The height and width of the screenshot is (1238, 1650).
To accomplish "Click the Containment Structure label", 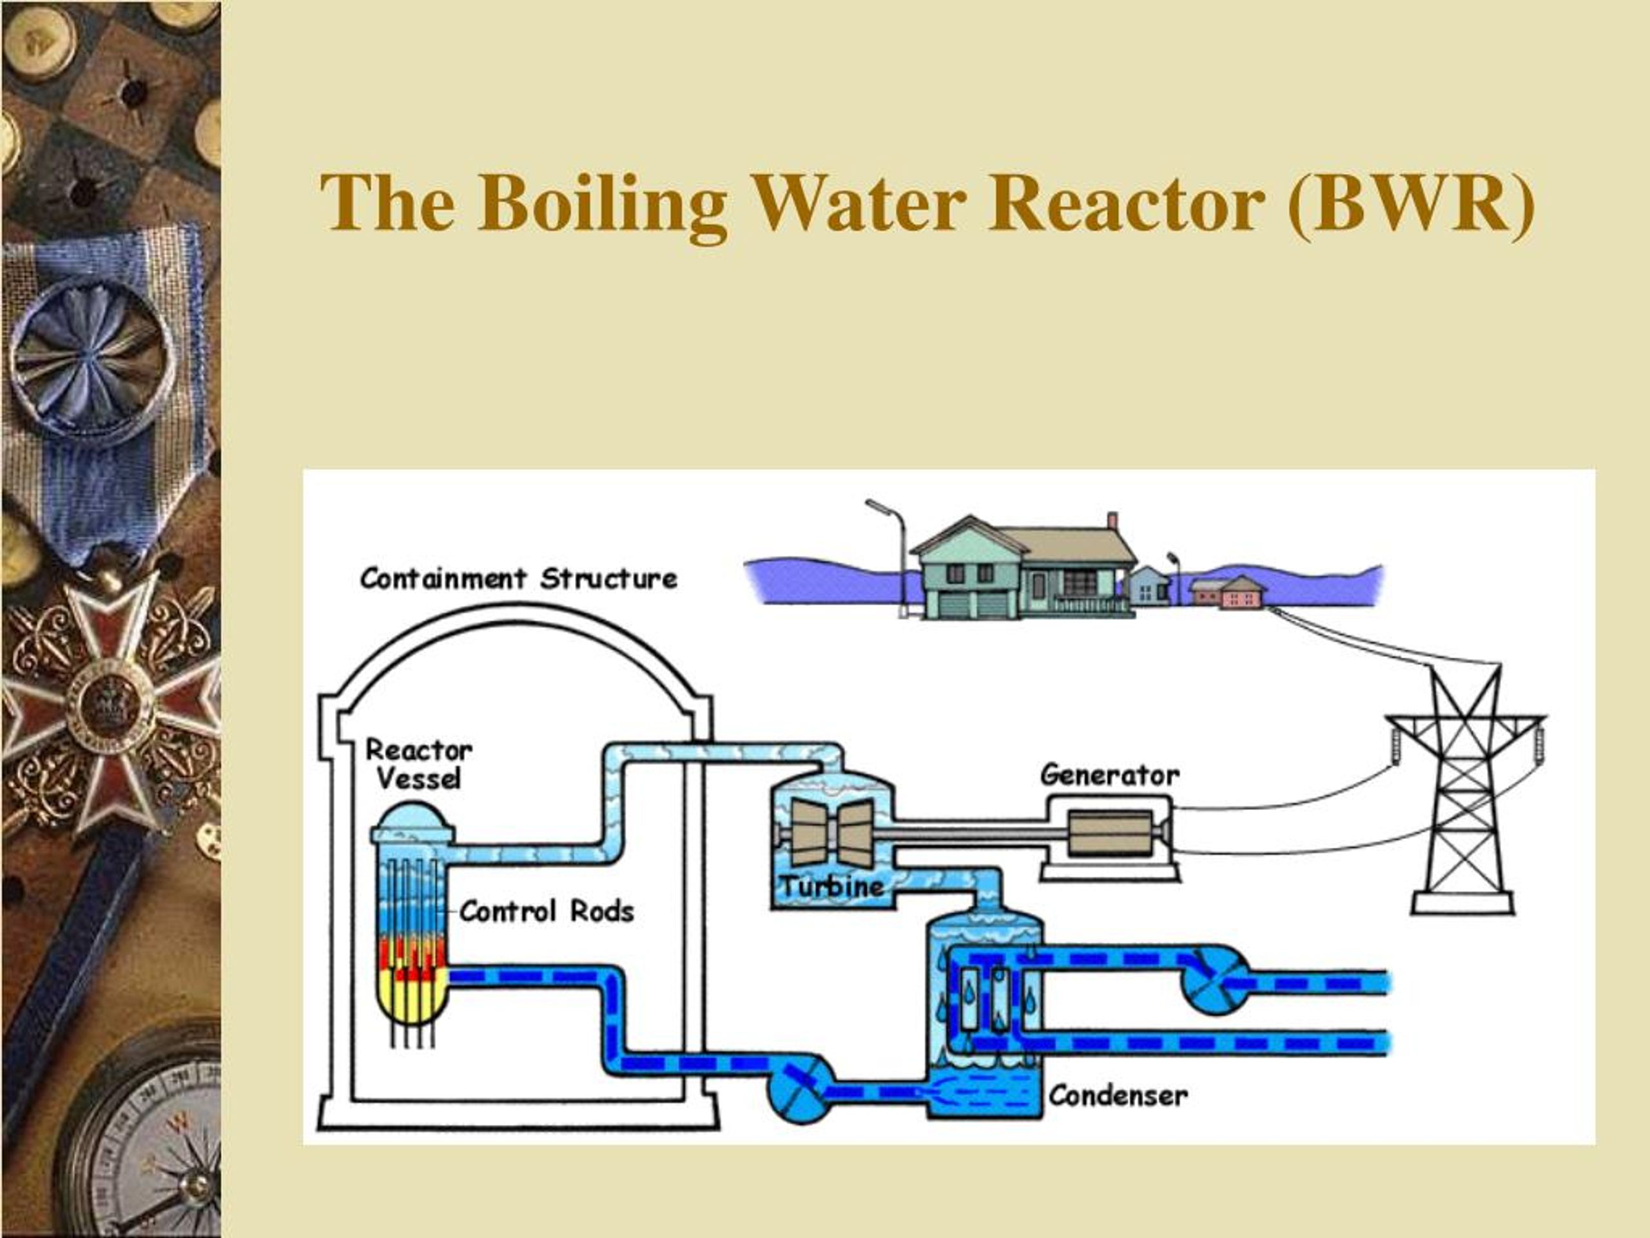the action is [518, 578].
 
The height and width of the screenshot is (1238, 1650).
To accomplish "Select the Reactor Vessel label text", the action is [418, 764].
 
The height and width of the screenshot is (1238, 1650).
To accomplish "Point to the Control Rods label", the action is [547, 911].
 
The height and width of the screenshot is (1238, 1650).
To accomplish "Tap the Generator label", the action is [1110, 775].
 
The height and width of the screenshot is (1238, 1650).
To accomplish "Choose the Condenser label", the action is [1118, 1096].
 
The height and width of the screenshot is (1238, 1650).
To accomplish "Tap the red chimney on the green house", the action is [1112, 520].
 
